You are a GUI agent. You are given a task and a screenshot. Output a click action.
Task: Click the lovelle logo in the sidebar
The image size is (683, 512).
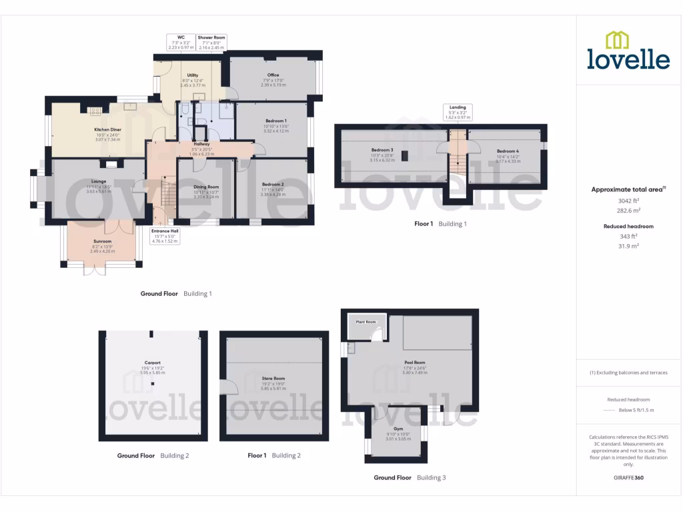click(628, 51)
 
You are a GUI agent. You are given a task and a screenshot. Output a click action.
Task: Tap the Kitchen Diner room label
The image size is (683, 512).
click(107, 129)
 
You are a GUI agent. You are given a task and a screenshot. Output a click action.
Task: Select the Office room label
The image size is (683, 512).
click(273, 75)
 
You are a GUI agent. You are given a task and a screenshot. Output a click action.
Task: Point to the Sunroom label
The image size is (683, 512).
click(103, 241)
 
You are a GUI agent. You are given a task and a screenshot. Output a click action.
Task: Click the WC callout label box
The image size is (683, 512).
click(180, 42)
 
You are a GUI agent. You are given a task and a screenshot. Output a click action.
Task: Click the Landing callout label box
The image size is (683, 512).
click(458, 111)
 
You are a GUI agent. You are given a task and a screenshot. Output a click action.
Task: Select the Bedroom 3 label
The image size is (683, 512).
click(382, 150)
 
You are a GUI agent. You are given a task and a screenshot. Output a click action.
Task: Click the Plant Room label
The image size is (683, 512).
click(366, 322)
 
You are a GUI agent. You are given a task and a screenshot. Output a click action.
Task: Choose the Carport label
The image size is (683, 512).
click(153, 363)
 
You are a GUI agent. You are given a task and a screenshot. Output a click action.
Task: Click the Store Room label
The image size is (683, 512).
click(273, 379)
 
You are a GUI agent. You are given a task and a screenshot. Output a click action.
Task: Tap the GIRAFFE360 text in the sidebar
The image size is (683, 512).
click(628, 477)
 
